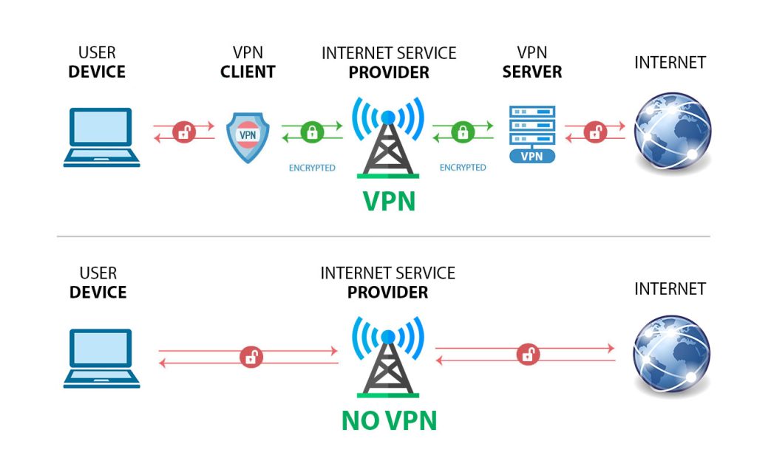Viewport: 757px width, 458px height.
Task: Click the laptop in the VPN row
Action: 101,137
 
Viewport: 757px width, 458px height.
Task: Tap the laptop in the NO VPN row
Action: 101,358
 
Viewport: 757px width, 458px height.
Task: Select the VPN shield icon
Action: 248,137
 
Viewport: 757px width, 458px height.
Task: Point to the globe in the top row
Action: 672,131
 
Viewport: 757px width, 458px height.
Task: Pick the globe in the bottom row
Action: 671,354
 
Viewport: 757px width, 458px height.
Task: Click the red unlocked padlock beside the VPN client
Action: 184,131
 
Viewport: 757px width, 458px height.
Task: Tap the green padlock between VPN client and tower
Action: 313,131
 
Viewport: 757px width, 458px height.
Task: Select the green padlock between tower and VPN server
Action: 463,131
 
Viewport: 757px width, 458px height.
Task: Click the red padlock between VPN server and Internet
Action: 595,131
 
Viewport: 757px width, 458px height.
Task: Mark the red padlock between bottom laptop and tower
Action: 251,357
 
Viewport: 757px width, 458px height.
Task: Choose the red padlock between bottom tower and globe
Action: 528,355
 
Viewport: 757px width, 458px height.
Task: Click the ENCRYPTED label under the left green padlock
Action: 312,168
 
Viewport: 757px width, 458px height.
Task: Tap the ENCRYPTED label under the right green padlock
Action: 463,168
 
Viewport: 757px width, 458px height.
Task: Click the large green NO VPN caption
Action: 389,420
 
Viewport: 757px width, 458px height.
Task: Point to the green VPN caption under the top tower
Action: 389,201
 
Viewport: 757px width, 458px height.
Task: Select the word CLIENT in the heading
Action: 248,72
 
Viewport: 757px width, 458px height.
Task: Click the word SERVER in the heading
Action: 532,72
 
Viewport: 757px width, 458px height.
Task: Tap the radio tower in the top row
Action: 388,137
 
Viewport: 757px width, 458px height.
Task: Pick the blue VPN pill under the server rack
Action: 532,157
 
